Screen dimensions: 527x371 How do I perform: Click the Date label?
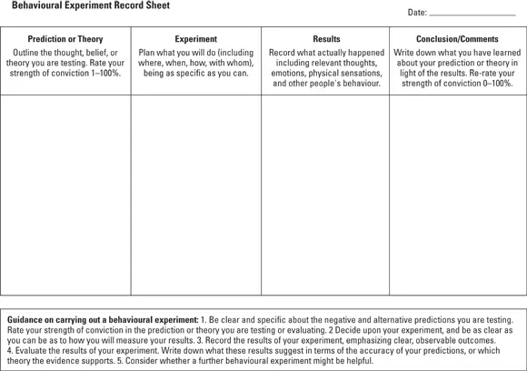coord(417,13)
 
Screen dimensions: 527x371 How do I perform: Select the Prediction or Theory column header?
coord(65,39)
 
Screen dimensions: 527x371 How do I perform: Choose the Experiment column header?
coord(195,39)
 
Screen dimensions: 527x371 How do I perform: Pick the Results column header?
coord(326,39)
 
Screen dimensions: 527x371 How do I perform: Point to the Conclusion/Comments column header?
coord(457,39)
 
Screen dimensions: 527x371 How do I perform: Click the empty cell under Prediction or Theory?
coord(65,195)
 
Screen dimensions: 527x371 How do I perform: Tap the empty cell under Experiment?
coord(195,195)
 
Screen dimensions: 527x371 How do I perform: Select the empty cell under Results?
coord(326,195)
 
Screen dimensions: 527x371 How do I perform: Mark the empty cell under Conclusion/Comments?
coord(457,195)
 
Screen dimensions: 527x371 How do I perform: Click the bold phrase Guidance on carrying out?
coord(56,321)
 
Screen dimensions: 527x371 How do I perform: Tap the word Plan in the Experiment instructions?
coord(148,53)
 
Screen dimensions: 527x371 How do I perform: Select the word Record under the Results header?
coord(283,53)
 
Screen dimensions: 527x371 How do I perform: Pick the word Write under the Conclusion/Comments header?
coord(405,53)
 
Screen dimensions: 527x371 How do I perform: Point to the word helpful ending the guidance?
coord(354,359)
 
